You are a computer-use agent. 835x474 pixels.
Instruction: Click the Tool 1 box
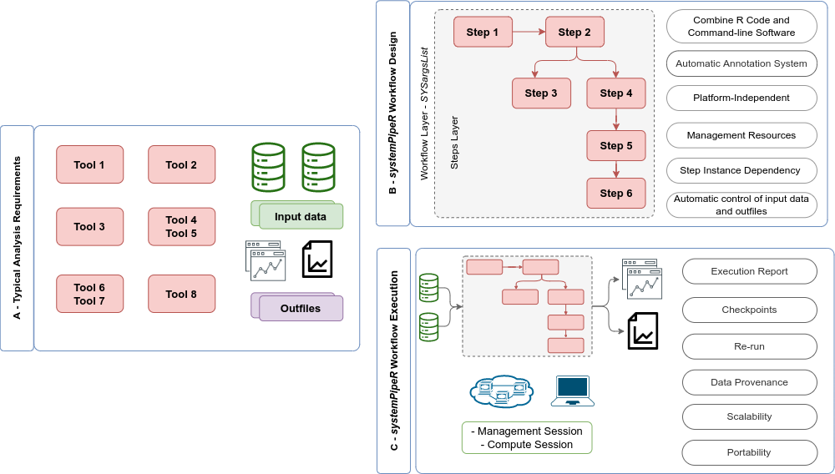pyautogui.click(x=90, y=164)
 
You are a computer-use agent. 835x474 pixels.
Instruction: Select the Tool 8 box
pyautogui.click(x=182, y=294)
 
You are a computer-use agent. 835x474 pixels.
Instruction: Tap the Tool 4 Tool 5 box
pyautogui.click(x=182, y=227)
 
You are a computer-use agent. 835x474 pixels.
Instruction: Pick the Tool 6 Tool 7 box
pyautogui.click(x=90, y=294)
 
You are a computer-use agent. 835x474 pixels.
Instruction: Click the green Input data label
pyautogui.click(x=301, y=217)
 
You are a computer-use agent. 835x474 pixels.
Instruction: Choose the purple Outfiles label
pyautogui.click(x=301, y=309)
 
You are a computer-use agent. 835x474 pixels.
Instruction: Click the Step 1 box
pyautogui.click(x=483, y=33)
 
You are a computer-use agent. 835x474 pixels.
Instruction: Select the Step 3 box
pyautogui.click(x=541, y=93)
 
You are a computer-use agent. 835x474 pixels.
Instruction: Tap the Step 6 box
pyautogui.click(x=616, y=194)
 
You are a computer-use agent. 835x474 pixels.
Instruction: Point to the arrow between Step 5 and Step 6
pyautogui.click(x=616, y=169)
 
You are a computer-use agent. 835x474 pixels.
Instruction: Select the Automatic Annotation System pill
pyautogui.click(x=741, y=63)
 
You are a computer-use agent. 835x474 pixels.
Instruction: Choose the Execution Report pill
pyautogui.click(x=750, y=272)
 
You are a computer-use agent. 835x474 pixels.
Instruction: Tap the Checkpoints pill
pyautogui.click(x=750, y=310)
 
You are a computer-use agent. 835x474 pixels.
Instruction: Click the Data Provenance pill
pyautogui.click(x=750, y=382)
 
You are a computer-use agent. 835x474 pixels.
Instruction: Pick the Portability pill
pyautogui.click(x=750, y=452)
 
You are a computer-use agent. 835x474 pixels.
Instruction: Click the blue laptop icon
pyautogui.click(x=573, y=391)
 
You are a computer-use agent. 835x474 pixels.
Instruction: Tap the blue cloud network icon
pyautogui.click(x=501, y=391)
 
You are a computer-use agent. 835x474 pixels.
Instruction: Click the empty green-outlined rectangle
pyautogui.click(x=527, y=437)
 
